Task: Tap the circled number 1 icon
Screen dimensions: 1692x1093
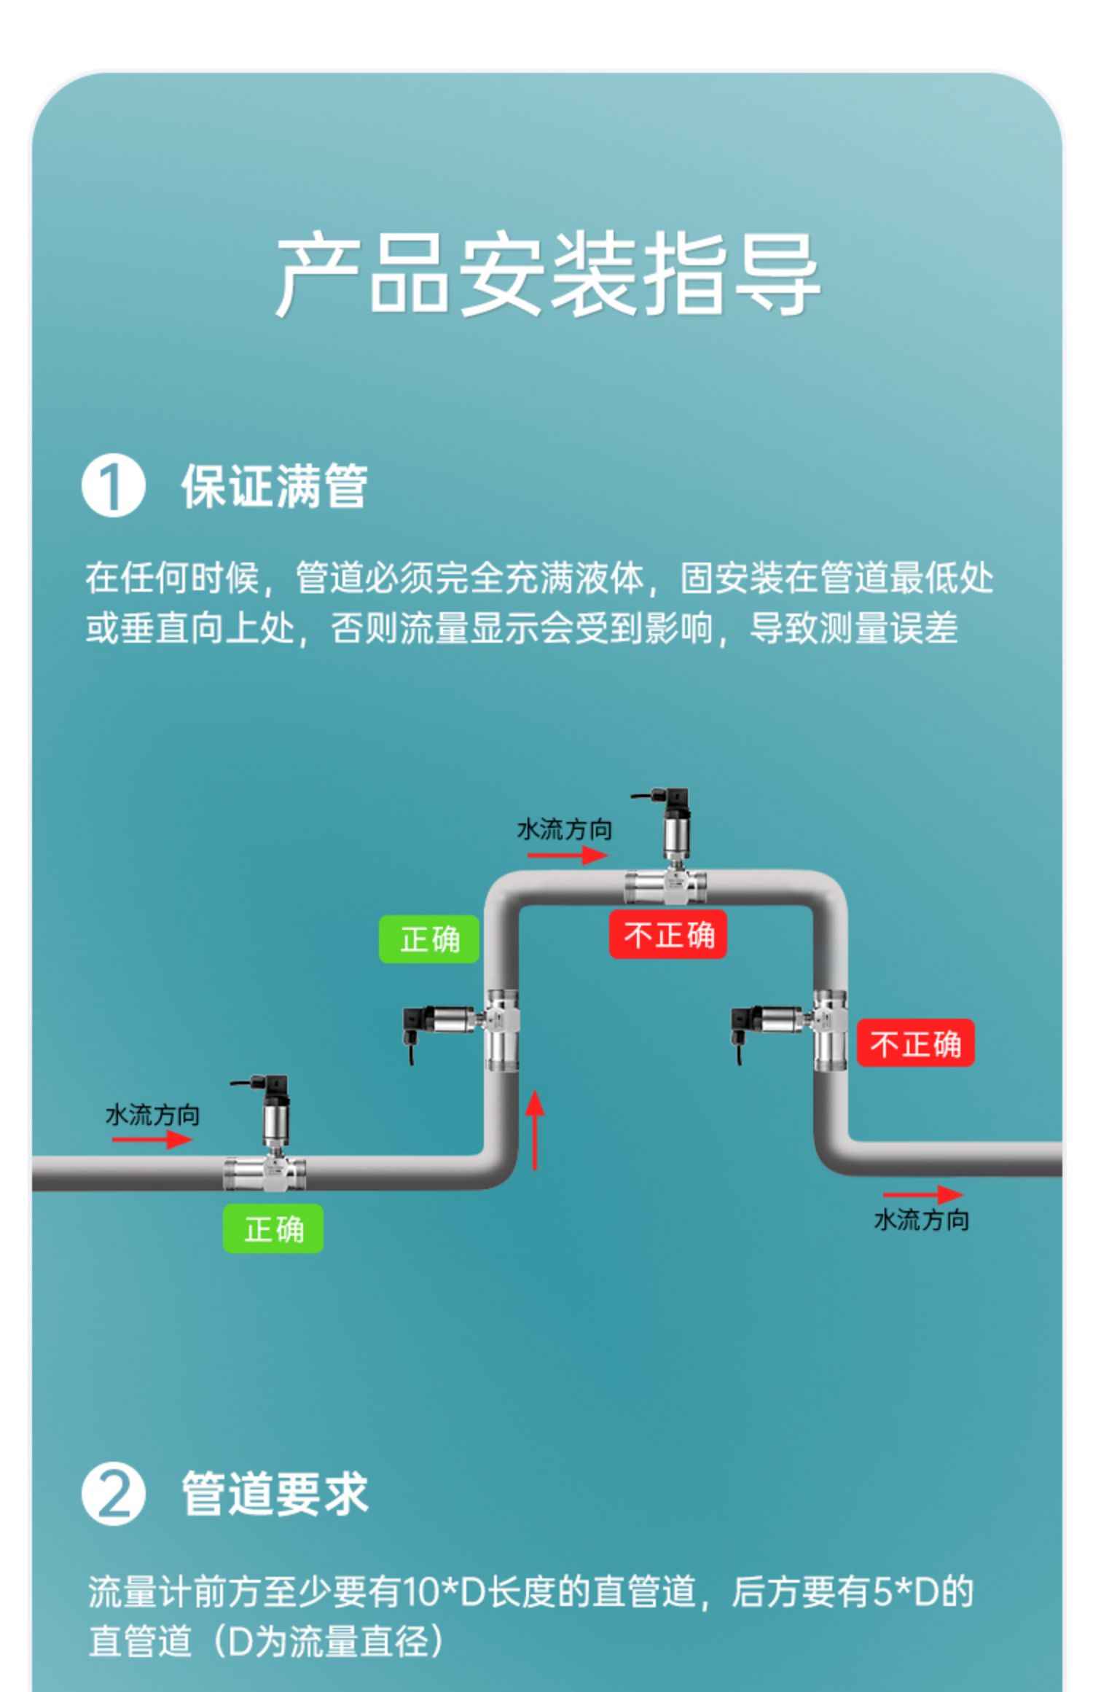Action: [113, 486]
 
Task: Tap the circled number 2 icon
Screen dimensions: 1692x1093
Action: [113, 1495]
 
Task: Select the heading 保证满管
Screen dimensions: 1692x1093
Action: [274, 486]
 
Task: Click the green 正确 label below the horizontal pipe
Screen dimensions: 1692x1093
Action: [273, 1229]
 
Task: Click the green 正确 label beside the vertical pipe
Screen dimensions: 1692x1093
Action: [428, 939]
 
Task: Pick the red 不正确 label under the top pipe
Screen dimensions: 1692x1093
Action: [667, 934]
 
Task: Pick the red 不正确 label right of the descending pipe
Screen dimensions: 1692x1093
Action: [914, 1043]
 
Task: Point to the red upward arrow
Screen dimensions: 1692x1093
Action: [535, 1130]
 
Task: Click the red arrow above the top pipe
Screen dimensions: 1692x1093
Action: [567, 855]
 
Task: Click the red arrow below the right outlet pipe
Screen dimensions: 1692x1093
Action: [922, 1194]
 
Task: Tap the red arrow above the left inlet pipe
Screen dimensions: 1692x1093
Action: [152, 1139]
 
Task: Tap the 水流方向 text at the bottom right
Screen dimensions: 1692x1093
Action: [921, 1220]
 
